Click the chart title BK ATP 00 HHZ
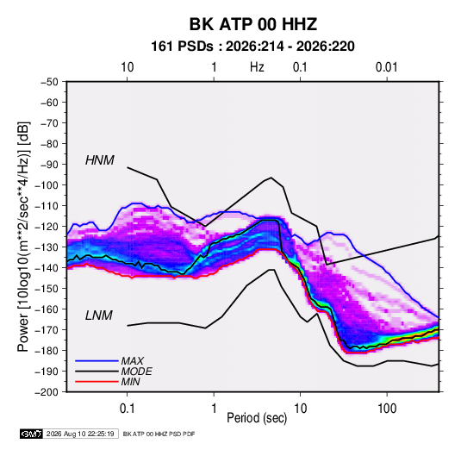coord(252,24)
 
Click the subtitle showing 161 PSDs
coord(252,47)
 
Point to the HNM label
coord(100,160)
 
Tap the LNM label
coord(99,315)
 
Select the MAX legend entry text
coord(133,361)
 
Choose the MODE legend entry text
coord(136,372)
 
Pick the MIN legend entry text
coord(130,382)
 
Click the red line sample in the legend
coord(97,382)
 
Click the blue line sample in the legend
coord(97,361)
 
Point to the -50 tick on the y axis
coord(49,82)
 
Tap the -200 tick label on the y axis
coord(47,392)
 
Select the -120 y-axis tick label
coord(47,227)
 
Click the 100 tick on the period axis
coord(387,409)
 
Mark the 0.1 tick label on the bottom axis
coord(127,409)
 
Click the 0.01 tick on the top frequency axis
coord(386,67)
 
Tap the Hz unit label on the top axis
coord(257,67)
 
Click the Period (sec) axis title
coord(257,418)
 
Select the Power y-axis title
coord(23,236)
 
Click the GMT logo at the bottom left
coord(31,434)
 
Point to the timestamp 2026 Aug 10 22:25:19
coord(80,434)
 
